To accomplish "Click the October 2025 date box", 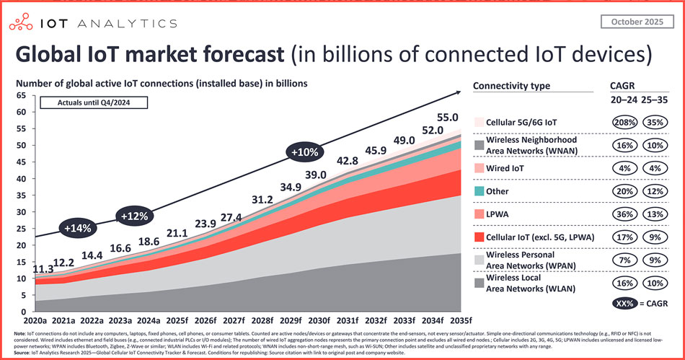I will (633, 22).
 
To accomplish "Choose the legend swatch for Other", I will (480, 192).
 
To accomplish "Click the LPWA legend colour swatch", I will (480, 215).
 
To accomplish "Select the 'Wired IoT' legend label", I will (511, 168).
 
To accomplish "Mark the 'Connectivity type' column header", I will (511, 86).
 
